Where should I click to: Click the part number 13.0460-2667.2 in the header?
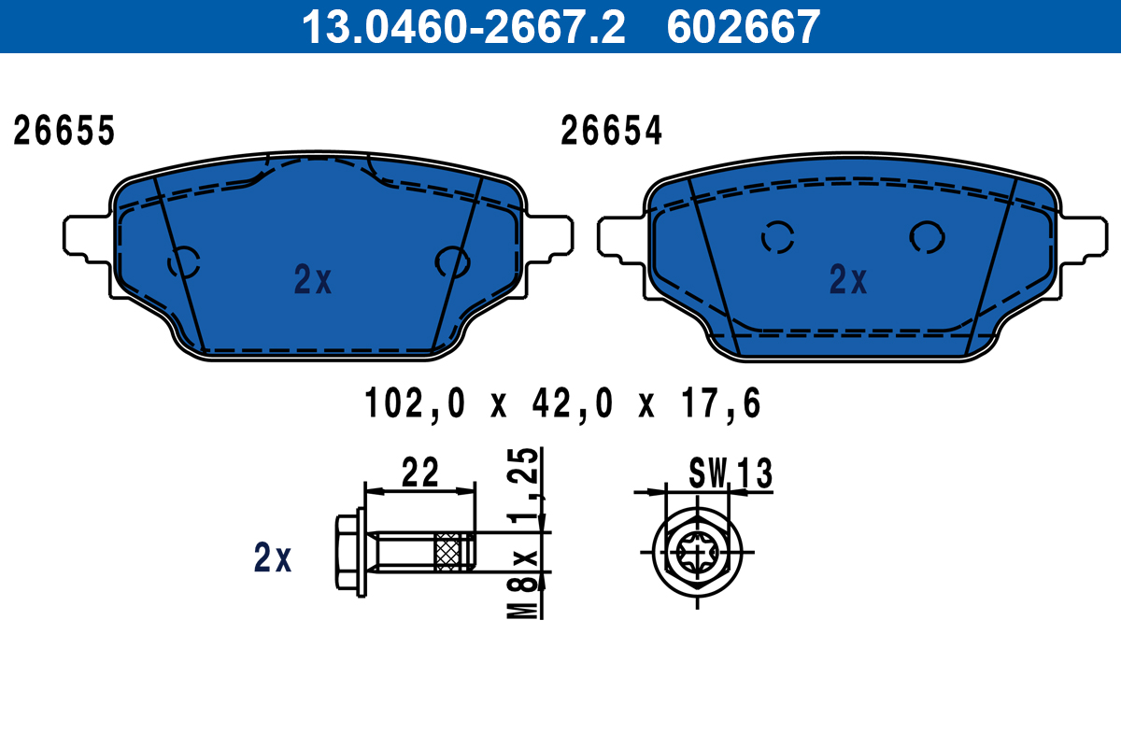[461, 27]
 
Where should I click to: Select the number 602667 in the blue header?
[743, 27]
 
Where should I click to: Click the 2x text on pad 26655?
[312, 279]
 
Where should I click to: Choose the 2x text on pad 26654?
[848, 279]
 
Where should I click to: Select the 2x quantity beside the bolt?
[273, 558]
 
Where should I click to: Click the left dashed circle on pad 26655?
[184, 262]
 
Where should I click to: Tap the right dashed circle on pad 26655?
[452, 262]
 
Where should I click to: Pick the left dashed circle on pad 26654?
[777, 238]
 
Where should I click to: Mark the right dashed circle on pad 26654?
[927, 237]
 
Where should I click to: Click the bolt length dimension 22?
[419, 473]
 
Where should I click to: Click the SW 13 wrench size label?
[731, 474]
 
